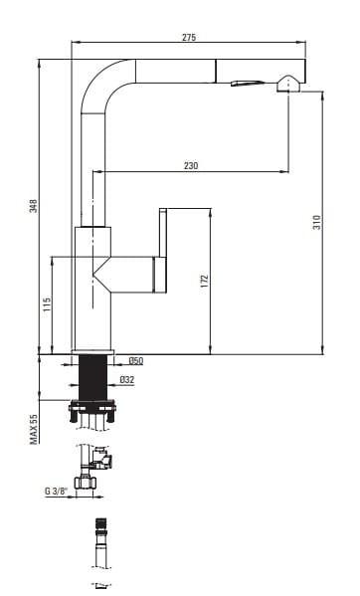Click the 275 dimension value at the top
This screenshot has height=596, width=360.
[x=189, y=37]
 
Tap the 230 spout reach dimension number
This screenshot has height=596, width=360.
[x=191, y=166]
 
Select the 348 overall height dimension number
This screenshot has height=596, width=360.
[x=34, y=206]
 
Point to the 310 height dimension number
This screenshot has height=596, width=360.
[x=316, y=222]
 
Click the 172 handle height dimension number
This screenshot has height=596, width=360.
[x=205, y=281]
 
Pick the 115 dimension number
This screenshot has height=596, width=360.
[x=47, y=304]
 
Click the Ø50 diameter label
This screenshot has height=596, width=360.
[x=136, y=361]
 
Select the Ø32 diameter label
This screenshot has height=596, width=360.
[x=127, y=379]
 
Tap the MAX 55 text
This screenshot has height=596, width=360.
[x=34, y=429]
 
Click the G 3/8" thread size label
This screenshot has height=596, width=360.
[x=57, y=491]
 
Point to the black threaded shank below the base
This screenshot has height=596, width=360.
[x=92, y=377]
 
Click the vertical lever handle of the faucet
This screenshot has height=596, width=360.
[x=163, y=251]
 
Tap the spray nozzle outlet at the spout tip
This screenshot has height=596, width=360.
[x=288, y=84]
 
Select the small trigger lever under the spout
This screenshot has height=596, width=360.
[x=247, y=83]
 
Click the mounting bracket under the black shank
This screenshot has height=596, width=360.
[x=92, y=410]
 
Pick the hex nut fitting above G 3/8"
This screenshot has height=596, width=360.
[x=86, y=483]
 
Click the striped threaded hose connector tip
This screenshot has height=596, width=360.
[x=100, y=523]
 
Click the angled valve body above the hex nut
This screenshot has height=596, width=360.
[x=102, y=458]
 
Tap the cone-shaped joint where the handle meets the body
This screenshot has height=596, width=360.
[x=101, y=275]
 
